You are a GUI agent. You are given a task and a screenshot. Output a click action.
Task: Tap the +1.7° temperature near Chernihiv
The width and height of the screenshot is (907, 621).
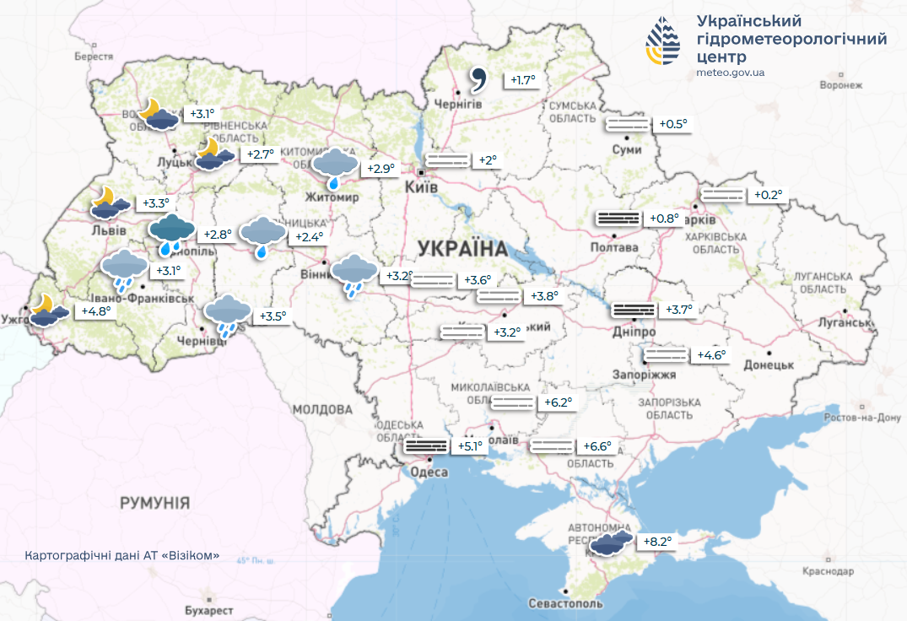coord(523,80)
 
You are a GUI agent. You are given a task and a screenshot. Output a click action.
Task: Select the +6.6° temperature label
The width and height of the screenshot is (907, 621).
coord(597,445)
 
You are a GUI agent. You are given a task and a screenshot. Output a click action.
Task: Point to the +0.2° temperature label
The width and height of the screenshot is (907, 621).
coord(767,195)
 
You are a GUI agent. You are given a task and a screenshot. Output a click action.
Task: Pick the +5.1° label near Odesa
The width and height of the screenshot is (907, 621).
coord(470,445)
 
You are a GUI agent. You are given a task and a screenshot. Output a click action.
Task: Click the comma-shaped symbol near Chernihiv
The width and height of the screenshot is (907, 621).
coord(478,80)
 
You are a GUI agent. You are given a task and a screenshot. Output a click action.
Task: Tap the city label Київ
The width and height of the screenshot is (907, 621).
coord(421,186)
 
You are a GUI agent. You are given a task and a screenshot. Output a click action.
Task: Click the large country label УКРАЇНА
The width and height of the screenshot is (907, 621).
coord(462,249)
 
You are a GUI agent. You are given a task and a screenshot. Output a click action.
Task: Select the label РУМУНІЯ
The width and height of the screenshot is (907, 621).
coord(154,503)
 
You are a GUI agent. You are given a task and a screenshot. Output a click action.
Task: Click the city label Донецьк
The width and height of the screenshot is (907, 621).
coord(769,364)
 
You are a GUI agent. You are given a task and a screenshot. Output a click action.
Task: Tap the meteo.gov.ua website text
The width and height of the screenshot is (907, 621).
coord(732,73)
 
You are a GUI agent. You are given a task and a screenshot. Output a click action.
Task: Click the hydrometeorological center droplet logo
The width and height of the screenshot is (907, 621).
coord(665,42)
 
